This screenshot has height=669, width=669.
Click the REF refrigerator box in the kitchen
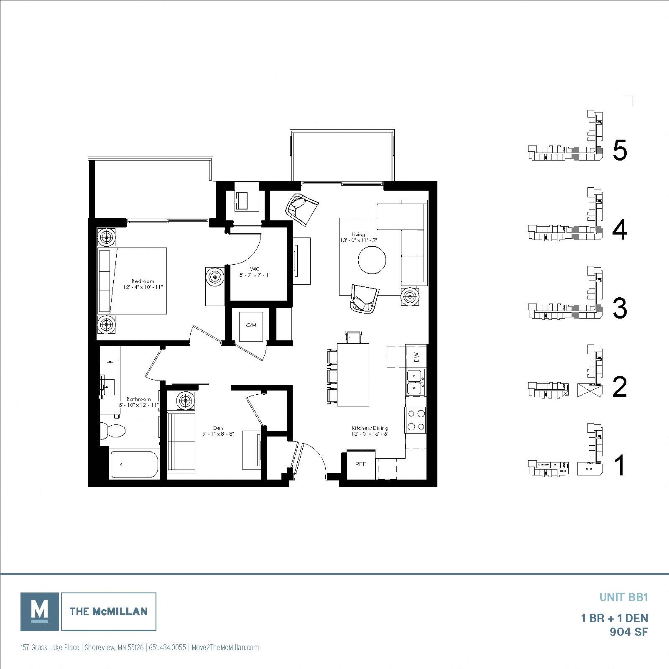pos(360,464)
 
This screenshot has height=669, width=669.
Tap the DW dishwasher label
pos(416,357)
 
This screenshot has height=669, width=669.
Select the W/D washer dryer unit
pos(251,325)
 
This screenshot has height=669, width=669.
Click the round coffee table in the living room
pos(372,260)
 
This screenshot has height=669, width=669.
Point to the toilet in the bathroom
pos(113,431)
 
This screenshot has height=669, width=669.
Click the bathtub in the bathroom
pos(134,464)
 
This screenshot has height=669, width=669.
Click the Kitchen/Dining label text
pos(370,428)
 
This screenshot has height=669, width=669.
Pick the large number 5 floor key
pos(620,150)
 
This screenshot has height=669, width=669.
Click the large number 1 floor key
pos(620,466)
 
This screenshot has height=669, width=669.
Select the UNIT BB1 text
pos(623,597)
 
